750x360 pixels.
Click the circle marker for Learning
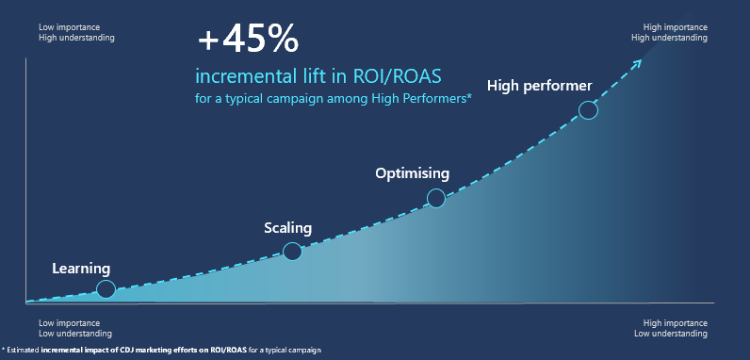coord(106,289)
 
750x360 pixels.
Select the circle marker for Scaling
coord(292,251)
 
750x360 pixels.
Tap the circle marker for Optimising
coord(435,198)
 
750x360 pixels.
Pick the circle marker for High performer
coord(588,110)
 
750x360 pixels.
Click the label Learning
coord(81,269)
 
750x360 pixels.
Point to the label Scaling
coord(287,228)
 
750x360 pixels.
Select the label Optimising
coord(412,173)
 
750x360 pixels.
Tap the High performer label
coord(539,86)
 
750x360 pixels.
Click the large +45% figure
coord(247,41)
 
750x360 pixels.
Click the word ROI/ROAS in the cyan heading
coord(408,75)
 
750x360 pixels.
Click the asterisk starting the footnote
coord(4,351)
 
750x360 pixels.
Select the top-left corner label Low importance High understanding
coord(76,33)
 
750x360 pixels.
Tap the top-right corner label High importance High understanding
coord(669,33)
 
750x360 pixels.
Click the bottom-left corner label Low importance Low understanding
coord(74,328)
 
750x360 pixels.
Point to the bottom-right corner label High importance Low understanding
coord(669,328)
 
